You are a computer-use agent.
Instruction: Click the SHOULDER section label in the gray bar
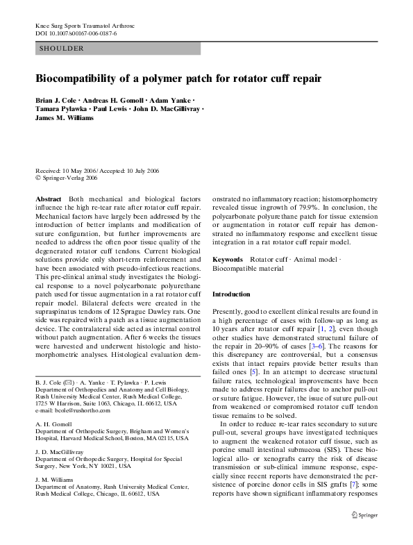point(62,49)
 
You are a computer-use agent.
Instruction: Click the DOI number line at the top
point(76,33)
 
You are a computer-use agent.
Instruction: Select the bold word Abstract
point(48,198)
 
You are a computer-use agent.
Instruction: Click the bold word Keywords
point(228,258)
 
